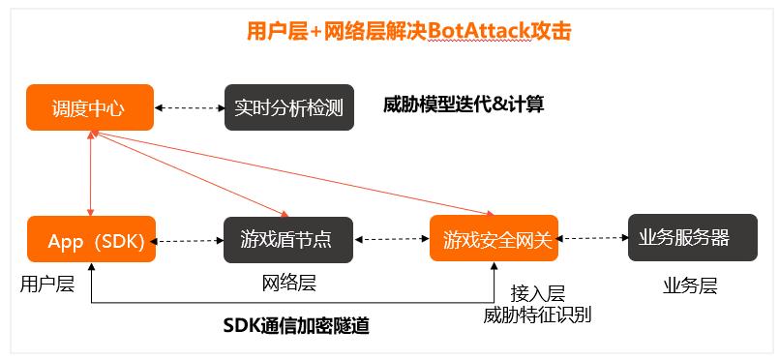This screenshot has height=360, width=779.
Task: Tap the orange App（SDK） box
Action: coord(90,240)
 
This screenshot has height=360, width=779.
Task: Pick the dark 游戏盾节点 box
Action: coord(288,240)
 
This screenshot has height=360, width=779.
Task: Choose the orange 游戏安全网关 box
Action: coord(494,239)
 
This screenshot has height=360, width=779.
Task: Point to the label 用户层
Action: coord(46,284)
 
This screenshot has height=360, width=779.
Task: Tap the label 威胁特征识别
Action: coord(537,315)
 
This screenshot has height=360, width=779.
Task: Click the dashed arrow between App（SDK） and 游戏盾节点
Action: coord(189,240)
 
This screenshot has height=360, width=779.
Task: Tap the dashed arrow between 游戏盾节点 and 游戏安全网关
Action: coord(391,240)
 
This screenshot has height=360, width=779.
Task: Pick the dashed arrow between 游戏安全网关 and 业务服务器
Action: coord(592,239)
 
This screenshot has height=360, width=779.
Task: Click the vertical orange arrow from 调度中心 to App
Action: coord(90,172)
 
